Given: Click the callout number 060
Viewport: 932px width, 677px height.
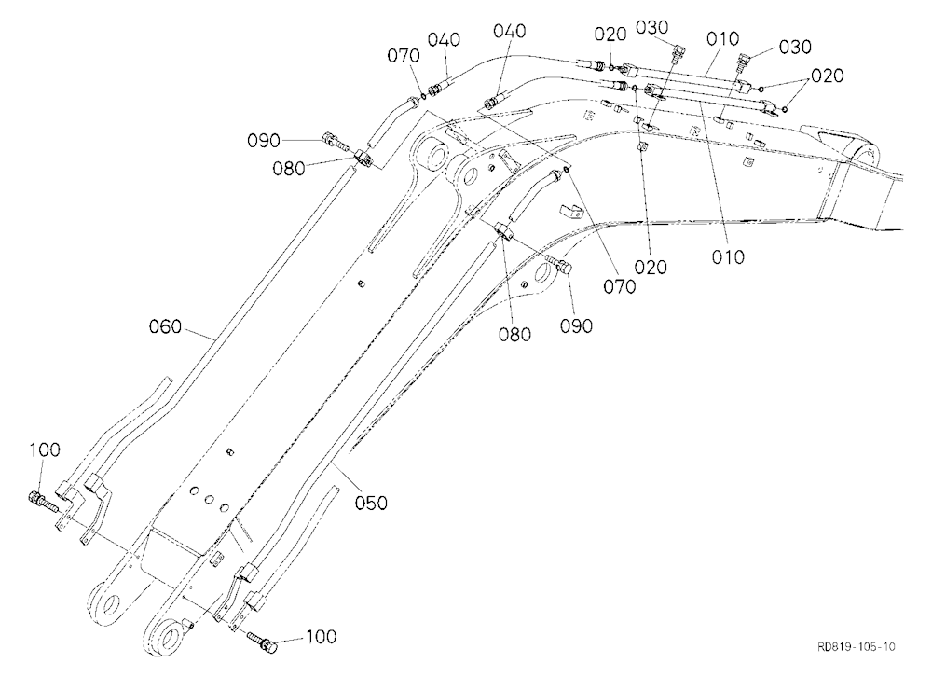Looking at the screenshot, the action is [x=165, y=326].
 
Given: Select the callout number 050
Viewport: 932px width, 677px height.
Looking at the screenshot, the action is [x=371, y=503].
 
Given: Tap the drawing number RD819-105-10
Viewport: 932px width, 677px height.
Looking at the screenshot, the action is [x=857, y=646].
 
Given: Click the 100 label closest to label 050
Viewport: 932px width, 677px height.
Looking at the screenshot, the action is [x=321, y=637].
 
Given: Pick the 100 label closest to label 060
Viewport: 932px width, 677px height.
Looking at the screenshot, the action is [x=45, y=449].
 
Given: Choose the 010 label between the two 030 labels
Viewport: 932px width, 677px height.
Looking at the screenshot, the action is [x=722, y=38].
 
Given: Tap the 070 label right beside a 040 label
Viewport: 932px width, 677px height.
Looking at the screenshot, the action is [x=404, y=56].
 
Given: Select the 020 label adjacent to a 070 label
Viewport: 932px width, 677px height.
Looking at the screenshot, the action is [x=651, y=267].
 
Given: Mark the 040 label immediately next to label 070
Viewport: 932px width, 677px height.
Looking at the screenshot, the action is [x=444, y=40].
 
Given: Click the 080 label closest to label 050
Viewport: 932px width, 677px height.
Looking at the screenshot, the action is [x=514, y=334].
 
